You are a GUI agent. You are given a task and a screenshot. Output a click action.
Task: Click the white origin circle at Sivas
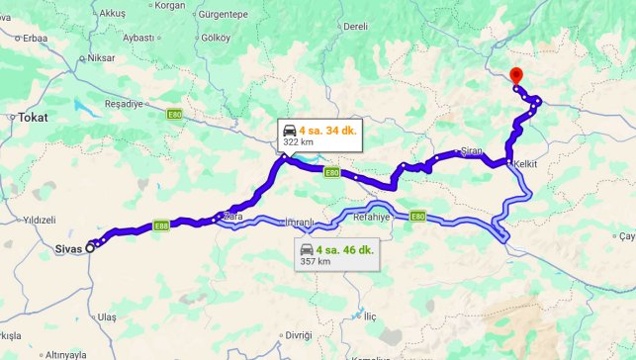pyautogui.click(x=90, y=247)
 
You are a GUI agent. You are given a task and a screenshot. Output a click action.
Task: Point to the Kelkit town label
pyautogui.click(x=524, y=163)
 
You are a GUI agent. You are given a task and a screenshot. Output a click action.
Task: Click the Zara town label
pyautogui.click(x=233, y=215)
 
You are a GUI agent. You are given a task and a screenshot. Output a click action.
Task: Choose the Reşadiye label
pyautogui.click(x=124, y=104)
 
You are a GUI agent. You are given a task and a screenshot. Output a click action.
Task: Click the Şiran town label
pyautogui.click(x=472, y=151)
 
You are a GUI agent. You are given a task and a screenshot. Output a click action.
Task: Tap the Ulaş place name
pyautogui.click(x=107, y=316)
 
